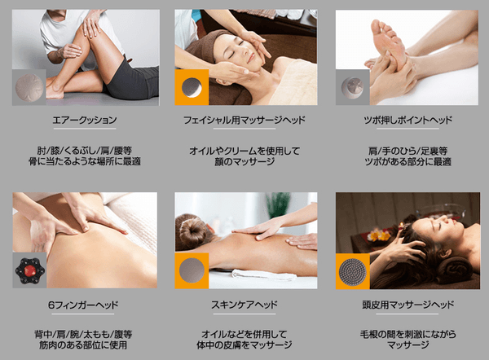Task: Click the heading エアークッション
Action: point(85,120)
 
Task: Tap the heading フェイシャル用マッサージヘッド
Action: point(244,120)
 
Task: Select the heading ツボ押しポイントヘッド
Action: point(407,120)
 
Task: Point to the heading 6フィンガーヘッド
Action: point(83,305)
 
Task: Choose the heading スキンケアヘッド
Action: point(244,305)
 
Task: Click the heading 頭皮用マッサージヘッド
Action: point(407,305)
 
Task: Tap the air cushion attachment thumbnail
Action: point(29,88)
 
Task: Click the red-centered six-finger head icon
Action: point(29,270)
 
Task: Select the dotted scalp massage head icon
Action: point(353,271)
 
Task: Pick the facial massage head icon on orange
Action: point(192,87)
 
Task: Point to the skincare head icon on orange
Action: point(192,270)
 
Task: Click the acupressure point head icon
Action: point(352,87)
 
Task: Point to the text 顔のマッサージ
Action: point(244,162)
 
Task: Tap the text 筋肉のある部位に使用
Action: point(83,345)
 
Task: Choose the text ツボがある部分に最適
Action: point(407,162)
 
